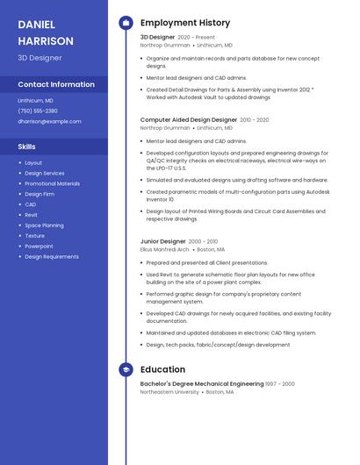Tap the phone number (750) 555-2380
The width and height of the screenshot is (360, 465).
pos(38,111)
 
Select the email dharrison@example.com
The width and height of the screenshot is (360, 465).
pos(49,121)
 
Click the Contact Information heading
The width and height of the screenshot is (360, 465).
pos(56,84)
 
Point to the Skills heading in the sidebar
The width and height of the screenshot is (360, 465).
pos(26,147)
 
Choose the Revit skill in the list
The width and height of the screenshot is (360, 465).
pos(31,215)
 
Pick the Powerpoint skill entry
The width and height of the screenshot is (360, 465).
pos(39,247)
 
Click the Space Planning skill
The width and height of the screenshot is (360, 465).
pos(44,225)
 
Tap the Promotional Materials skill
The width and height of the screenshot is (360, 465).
pos(52,183)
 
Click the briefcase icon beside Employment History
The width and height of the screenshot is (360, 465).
pos(126,23)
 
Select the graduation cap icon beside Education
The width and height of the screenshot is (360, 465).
pos(126,370)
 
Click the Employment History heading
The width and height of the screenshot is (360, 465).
pos(185,23)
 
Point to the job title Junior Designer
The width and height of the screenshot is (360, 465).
pos(163,241)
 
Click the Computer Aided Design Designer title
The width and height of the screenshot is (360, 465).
pos(188,119)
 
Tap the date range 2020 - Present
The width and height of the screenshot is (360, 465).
pos(196,38)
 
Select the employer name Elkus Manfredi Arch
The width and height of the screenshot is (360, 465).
pos(165,249)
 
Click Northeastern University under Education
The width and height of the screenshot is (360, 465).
pos(169,392)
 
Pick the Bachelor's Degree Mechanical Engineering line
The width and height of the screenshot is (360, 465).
pos(202,383)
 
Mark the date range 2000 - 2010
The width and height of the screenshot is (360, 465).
pos(203,241)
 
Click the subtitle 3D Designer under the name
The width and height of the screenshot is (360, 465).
pos(40,58)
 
